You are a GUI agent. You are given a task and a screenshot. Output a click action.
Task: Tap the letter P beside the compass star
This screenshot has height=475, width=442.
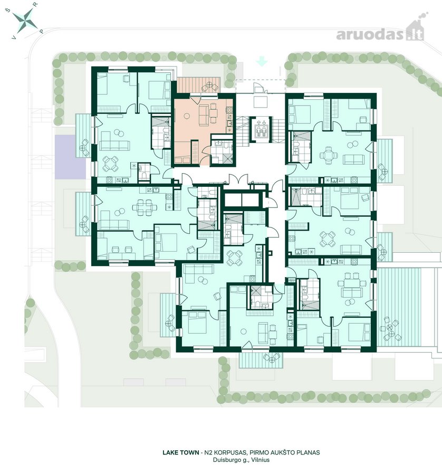(42, 31)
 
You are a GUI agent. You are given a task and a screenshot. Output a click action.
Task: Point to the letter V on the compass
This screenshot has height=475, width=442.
(13, 37)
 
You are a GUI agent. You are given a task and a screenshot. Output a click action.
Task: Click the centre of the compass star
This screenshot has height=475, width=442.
(25, 21)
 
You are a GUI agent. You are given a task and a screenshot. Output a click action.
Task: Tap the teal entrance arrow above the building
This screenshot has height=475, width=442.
(262, 62)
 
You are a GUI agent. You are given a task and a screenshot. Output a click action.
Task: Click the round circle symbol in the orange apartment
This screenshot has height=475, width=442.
(187, 116)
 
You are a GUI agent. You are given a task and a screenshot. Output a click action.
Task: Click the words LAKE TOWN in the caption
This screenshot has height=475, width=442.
(181, 453)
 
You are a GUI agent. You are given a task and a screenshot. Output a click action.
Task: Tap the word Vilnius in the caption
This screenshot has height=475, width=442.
(261, 460)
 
